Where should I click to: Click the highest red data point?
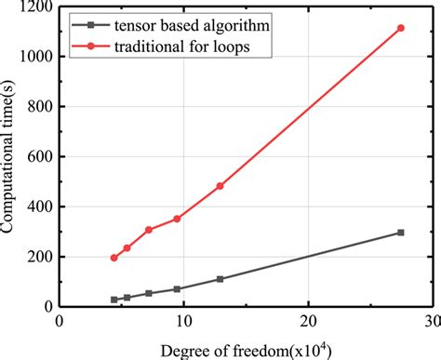pos(400,28)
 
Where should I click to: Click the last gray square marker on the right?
pos(400,233)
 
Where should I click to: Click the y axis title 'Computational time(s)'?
pos(10,156)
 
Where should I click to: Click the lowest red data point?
pos(114,258)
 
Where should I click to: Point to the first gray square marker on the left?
pos(114,300)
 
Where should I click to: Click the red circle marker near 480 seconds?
pos(220,186)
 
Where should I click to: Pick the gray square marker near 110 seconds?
pos(220,279)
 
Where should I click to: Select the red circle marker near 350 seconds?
pos(177,219)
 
